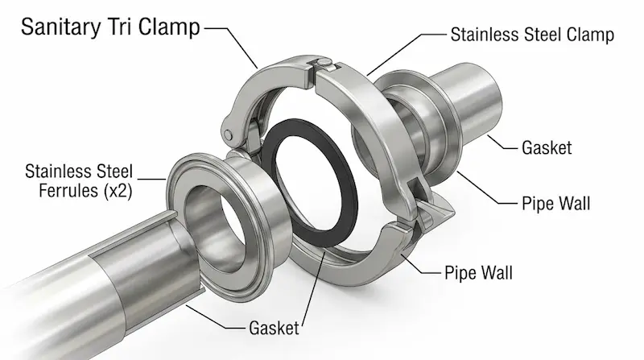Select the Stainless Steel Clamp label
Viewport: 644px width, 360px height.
click(532, 35)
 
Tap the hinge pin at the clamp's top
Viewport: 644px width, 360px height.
click(322, 63)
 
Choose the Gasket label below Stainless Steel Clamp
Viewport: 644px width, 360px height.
click(547, 147)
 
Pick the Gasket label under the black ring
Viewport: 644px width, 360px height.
click(272, 328)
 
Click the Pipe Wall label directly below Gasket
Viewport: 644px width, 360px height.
click(555, 204)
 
